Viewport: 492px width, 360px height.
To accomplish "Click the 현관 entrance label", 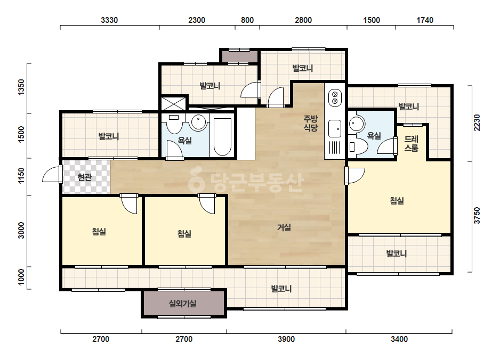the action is coord(84,177).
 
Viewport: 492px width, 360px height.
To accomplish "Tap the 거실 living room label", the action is coord(284,227).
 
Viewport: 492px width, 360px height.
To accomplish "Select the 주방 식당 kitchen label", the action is coord(311,123).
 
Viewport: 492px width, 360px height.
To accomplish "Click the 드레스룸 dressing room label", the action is coord(411,143).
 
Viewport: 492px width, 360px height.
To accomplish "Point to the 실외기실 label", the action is coord(183,304).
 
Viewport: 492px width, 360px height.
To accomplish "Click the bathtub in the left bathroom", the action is coord(222,136).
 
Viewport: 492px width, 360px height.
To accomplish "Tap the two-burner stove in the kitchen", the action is coord(335,97).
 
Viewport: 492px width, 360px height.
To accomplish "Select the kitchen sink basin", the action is coord(334,128).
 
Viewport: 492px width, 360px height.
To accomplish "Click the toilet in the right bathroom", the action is coord(358,147).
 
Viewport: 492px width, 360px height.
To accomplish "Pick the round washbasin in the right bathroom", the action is coord(357,124).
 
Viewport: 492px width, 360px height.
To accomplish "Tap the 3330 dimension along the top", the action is coord(109,20).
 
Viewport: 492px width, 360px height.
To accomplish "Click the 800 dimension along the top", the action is coord(247,20).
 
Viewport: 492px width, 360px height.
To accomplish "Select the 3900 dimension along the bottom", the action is coord(286,339).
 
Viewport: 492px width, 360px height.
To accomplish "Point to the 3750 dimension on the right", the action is coord(477,216).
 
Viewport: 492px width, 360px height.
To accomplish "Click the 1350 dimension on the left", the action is coord(21,87).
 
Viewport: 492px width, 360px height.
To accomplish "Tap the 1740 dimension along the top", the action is coord(425,20).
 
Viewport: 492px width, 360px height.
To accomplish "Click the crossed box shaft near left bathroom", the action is coord(174,103).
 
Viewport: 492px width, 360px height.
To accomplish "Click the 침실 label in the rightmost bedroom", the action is coord(397,201).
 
